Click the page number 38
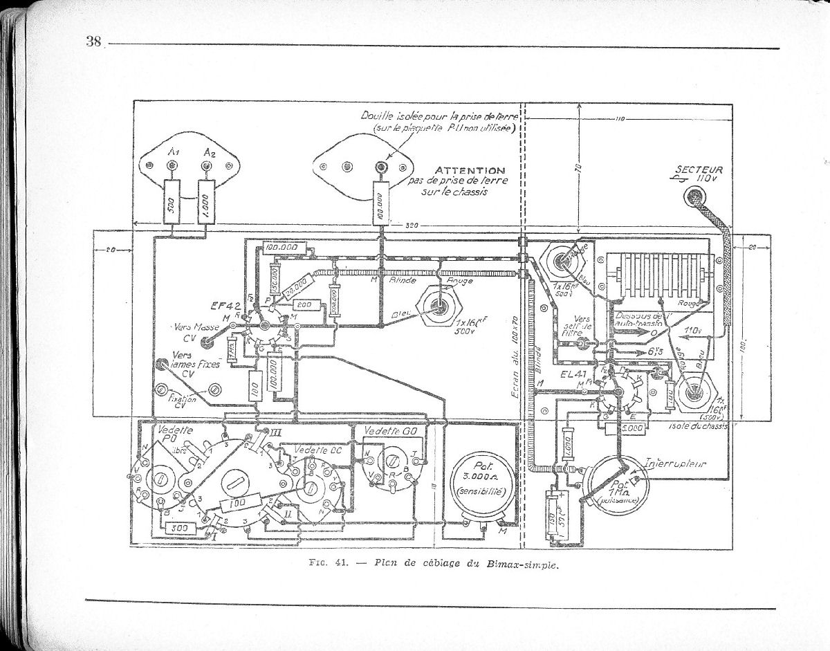click(x=93, y=41)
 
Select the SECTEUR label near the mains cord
click(x=699, y=169)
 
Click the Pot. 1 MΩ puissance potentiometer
click(x=616, y=485)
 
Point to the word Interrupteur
click(x=675, y=464)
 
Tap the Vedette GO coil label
click(x=385, y=430)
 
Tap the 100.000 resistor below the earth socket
click(x=380, y=203)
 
